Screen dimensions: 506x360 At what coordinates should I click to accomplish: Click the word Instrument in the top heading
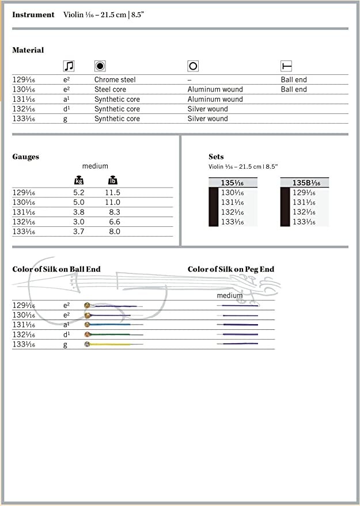tap(33, 15)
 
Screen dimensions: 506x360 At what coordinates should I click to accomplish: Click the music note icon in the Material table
tap(69, 66)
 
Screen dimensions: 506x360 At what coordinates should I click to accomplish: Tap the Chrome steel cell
tap(115, 79)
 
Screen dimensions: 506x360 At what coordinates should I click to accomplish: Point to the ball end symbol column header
tap(286, 66)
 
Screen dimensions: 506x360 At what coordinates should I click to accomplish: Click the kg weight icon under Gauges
tap(79, 181)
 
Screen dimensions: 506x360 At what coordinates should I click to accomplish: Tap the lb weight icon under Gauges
tap(113, 181)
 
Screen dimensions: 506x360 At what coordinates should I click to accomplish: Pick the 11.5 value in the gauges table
tap(113, 193)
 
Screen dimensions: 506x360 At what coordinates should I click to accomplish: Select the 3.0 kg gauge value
tap(79, 222)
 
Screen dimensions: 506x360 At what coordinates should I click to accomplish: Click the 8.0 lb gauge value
tap(115, 232)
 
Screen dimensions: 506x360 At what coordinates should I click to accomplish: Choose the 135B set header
tap(306, 183)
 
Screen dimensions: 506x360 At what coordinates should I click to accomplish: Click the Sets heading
tap(216, 157)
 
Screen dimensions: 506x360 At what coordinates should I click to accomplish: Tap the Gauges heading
tap(26, 157)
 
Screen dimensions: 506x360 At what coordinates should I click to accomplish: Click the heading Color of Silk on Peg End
tap(231, 269)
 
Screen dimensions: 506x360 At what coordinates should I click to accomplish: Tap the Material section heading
tap(28, 50)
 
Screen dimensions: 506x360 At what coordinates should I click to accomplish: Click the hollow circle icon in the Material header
tap(193, 66)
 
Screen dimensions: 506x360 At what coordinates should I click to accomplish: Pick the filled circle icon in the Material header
tap(100, 66)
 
